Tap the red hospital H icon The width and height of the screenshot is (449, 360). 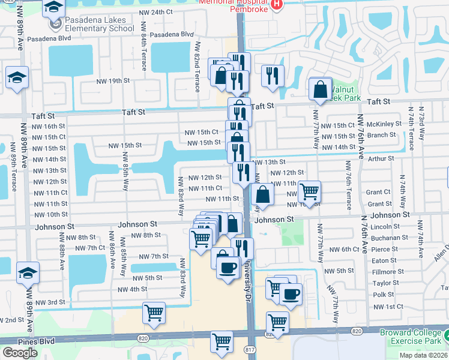pos(276,4)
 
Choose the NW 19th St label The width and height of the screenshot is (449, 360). pos(114,80)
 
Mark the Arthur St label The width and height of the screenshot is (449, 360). pos(381,159)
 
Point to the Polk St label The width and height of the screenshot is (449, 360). pos(383,295)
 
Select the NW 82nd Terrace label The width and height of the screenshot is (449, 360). pos(197,67)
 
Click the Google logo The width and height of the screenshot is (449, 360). pos(20,353)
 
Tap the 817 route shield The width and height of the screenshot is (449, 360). pos(250,349)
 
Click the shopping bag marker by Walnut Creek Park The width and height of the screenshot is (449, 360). pos(321,90)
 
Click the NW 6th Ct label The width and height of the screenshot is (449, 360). pos(344,249)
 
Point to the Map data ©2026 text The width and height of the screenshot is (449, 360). pos(424,355)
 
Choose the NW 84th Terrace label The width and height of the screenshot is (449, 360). pos(144,52)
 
